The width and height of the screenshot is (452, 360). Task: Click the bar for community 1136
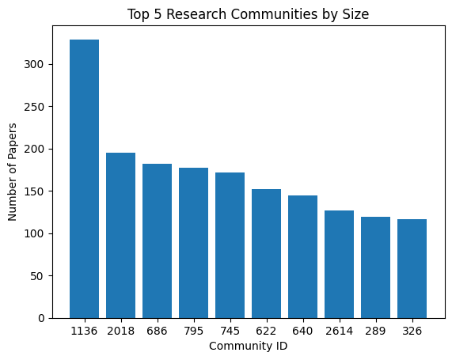pyautogui.click(x=84, y=179)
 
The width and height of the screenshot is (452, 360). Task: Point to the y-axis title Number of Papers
pyautogui.click(x=11, y=172)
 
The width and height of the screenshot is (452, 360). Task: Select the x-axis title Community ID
pyautogui.click(x=248, y=347)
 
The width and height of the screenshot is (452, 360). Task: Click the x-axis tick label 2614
pyautogui.click(x=339, y=331)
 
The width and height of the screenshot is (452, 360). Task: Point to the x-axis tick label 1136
pyautogui.click(x=84, y=331)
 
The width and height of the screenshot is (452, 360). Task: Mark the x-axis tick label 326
pyautogui.click(x=412, y=331)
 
